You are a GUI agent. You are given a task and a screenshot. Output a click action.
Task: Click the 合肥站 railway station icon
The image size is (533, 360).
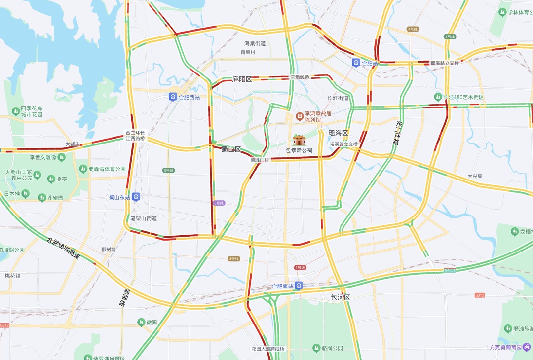tap(356, 63)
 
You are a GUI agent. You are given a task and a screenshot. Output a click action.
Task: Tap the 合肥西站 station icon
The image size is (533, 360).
tap(173, 97)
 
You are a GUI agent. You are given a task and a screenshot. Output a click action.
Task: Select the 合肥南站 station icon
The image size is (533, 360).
tap(299, 286)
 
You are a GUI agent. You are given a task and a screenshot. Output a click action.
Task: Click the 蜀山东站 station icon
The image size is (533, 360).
tap(136, 197)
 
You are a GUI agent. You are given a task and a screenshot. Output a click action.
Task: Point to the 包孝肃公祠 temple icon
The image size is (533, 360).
tap(299, 140)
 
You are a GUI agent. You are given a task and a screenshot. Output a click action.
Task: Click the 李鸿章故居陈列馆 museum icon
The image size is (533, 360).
tap(299, 116)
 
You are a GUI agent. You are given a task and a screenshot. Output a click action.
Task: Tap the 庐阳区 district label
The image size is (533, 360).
tap(242, 79)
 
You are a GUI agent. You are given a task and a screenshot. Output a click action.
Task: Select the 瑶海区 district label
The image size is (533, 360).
tap(339, 133)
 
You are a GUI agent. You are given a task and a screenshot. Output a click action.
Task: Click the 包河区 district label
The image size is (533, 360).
tap(340, 297)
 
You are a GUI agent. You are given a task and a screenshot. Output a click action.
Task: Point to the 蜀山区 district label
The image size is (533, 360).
tap(230, 149)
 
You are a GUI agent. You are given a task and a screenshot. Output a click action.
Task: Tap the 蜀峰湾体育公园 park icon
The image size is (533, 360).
tap(83, 169)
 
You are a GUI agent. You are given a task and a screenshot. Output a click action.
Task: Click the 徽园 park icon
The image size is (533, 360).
tap(141, 322)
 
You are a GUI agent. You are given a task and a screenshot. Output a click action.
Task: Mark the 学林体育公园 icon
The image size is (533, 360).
tap(504, 12)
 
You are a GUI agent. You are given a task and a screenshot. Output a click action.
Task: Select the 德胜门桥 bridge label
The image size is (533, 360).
tap(260, 160)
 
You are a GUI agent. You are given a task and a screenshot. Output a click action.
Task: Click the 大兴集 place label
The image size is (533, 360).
tap(475, 176)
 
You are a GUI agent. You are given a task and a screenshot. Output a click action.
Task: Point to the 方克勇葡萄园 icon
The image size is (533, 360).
tap(527, 347)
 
